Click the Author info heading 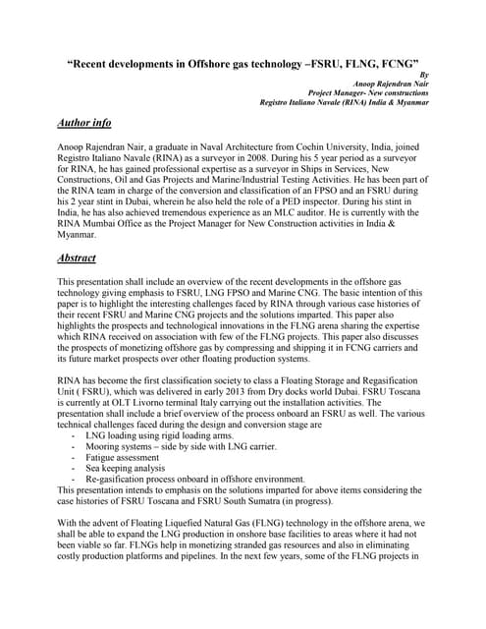[x=84, y=123]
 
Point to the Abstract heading [x=77, y=258]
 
